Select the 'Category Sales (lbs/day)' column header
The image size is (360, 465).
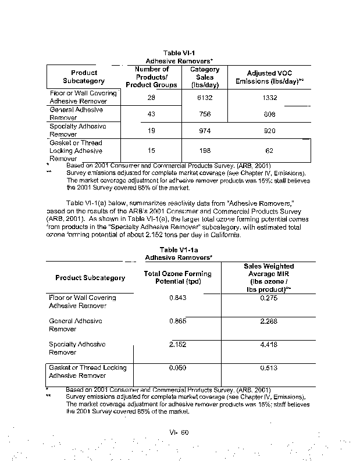click(x=205, y=77)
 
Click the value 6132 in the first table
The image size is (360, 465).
click(x=205, y=98)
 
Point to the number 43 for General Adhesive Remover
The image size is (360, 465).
click(x=151, y=115)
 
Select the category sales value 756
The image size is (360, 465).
click(x=205, y=115)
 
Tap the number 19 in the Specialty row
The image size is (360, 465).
click(x=151, y=131)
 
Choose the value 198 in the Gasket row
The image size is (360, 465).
click(x=205, y=151)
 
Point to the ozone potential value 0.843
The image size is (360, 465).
click(x=177, y=298)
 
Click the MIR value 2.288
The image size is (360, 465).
click(x=269, y=321)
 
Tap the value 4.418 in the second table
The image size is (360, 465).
click(x=269, y=344)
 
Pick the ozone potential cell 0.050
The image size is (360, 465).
click(x=177, y=368)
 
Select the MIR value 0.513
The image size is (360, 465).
click(x=269, y=368)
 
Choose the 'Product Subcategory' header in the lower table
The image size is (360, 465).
click(x=90, y=278)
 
